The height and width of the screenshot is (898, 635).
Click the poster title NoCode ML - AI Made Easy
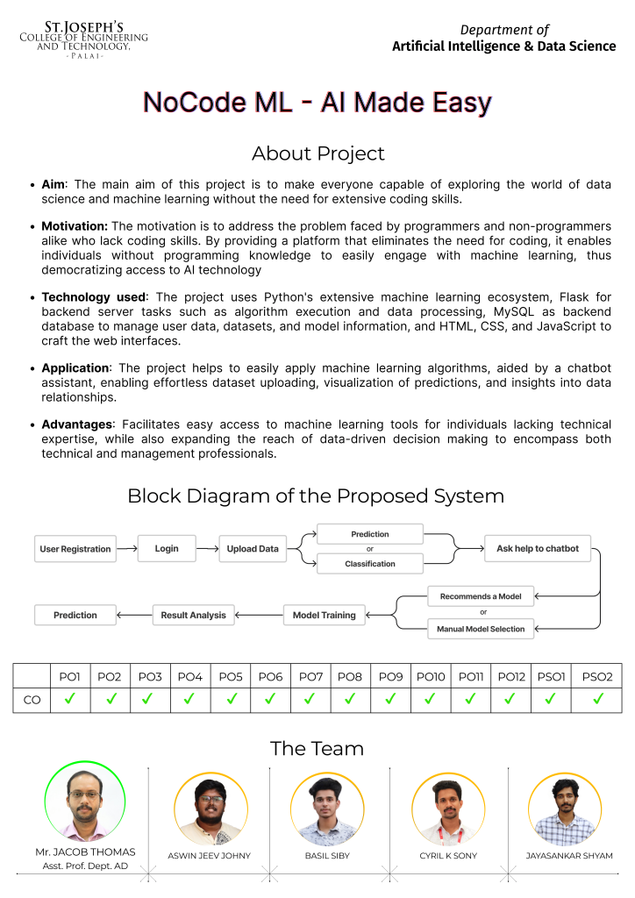tap(317, 103)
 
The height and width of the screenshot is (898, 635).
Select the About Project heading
tap(317, 153)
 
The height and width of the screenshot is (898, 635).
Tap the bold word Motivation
tap(75, 226)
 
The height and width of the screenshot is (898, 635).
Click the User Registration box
tap(75, 549)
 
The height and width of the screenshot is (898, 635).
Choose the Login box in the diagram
tap(167, 548)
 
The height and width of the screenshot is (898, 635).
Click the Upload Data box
tap(253, 549)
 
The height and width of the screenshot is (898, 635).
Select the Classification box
tap(370, 564)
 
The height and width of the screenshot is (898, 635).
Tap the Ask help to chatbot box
tap(538, 548)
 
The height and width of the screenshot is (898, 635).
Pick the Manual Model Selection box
tap(481, 629)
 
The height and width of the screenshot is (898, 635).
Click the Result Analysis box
tap(193, 615)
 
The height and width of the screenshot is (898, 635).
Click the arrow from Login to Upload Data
tap(206, 549)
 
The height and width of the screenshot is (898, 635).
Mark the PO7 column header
tap(310, 676)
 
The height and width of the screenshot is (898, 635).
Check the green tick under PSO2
tap(597, 699)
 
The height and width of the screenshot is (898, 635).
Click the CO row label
tap(32, 700)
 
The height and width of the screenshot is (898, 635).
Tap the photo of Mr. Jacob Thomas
tap(85, 802)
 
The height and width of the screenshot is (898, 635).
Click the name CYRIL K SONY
tap(448, 855)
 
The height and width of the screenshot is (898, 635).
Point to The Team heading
tap(317, 748)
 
